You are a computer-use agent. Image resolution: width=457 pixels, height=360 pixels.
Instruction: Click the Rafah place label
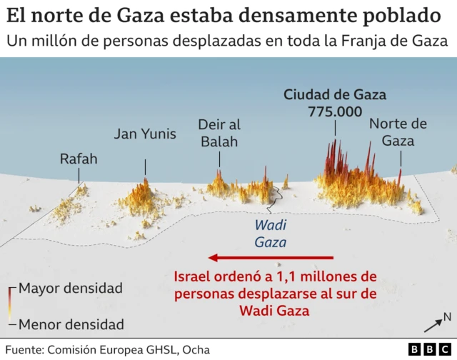tap(79, 159)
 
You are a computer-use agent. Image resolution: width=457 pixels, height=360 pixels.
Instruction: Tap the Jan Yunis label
tap(145, 134)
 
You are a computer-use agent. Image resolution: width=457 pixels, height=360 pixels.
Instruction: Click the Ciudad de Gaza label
tap(335, 94)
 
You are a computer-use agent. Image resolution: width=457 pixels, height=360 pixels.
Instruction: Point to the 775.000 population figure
tap(335, 111)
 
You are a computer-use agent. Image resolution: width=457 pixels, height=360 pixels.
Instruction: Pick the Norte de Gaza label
tap(398, 132)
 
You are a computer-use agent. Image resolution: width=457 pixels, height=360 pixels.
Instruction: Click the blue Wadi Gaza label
tap(271, 233)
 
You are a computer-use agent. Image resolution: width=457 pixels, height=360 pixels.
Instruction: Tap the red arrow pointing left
tap(271, 257)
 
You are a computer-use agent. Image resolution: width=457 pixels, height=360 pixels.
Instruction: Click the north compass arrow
tap(433, 325)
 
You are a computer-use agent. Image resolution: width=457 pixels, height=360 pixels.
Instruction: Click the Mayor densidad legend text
tap(71, 289)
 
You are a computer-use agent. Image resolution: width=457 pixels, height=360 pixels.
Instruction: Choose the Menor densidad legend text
tap(71, 324)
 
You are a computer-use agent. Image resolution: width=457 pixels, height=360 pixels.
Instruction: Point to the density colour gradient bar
tap(11, 306)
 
